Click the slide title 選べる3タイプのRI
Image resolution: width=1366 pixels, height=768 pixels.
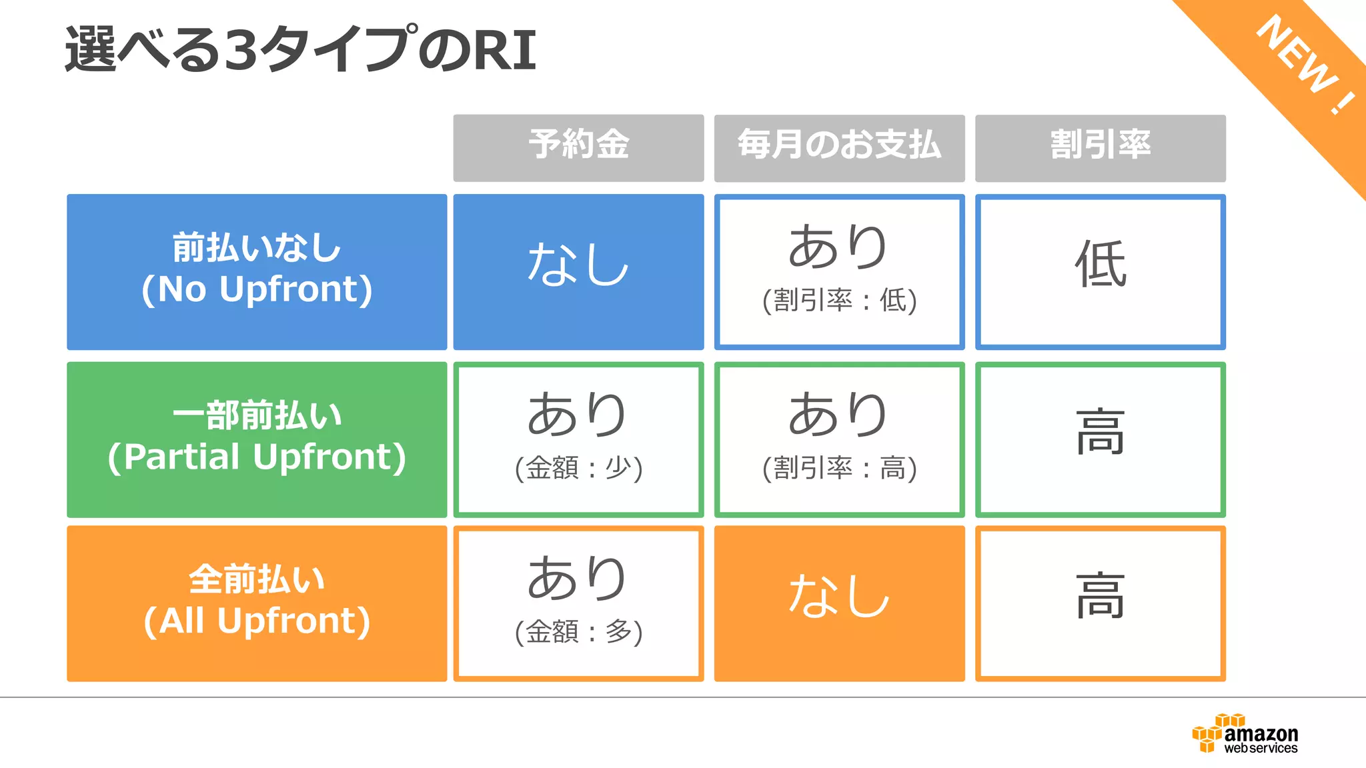click(300, 50)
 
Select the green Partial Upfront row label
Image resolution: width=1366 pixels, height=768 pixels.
click(257, 439)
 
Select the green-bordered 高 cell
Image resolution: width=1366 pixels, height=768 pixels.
click(1100, 433)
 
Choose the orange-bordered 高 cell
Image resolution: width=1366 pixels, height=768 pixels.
click(1100, 597)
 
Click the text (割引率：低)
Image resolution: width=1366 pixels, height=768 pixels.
click(839, 301)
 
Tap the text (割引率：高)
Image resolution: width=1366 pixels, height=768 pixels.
click(839, 468)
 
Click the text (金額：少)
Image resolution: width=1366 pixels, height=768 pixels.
click(578, 468)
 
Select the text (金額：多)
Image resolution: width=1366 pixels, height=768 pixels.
click(578, 632)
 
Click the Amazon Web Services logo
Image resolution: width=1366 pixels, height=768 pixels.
click(1245, 734)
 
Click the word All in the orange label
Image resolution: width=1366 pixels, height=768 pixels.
click(181, 621)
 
